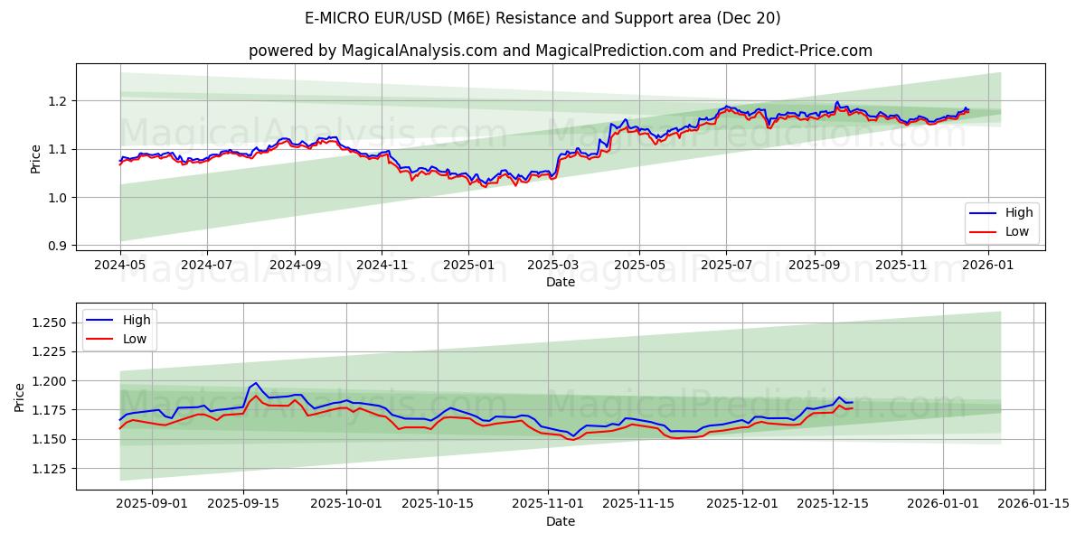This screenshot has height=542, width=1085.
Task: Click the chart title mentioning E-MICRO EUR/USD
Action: click(542, 18)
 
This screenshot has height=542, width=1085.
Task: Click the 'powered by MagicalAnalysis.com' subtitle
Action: click(561, 51)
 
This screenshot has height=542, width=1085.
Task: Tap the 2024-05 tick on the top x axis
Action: click(120, 265)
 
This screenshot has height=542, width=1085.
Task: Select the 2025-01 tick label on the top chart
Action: click(468, 265)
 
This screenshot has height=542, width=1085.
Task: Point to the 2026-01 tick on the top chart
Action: click(987, 265)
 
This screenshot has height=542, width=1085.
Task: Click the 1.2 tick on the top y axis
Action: click(58, 101)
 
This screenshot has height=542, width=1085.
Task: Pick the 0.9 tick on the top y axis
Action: click(58, 246)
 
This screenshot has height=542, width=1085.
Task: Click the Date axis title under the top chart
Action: click(561, 282)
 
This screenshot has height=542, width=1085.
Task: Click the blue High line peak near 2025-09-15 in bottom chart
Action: click(255, 383)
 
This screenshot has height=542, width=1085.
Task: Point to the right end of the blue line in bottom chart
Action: click(852, 402)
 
